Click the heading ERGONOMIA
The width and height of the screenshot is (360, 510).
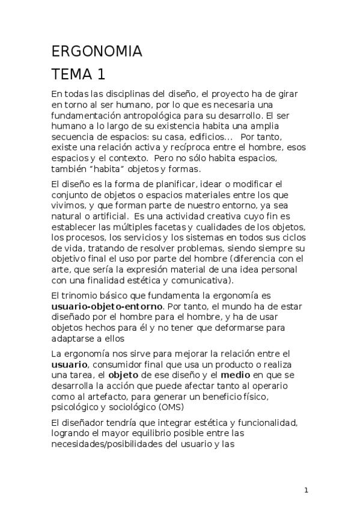(x=97, y=52)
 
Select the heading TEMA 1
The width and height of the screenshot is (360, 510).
(x=78, y=75)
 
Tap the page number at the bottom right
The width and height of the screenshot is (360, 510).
(x=306, y=490)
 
